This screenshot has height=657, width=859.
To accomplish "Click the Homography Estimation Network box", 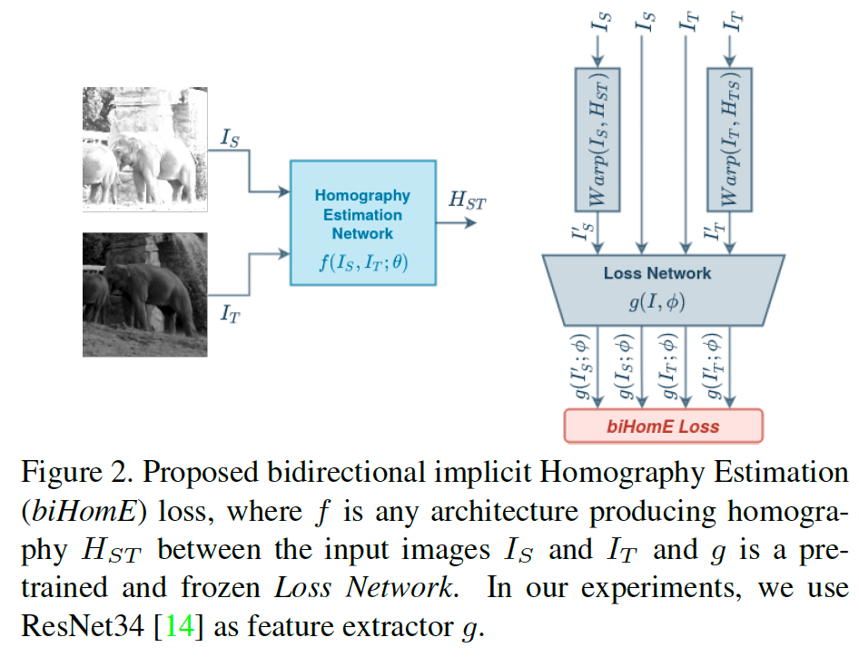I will click(360, 221).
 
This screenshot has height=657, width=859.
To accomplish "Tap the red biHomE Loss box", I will click(663, 426).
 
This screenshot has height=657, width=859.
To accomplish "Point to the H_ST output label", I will click(467, 201).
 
